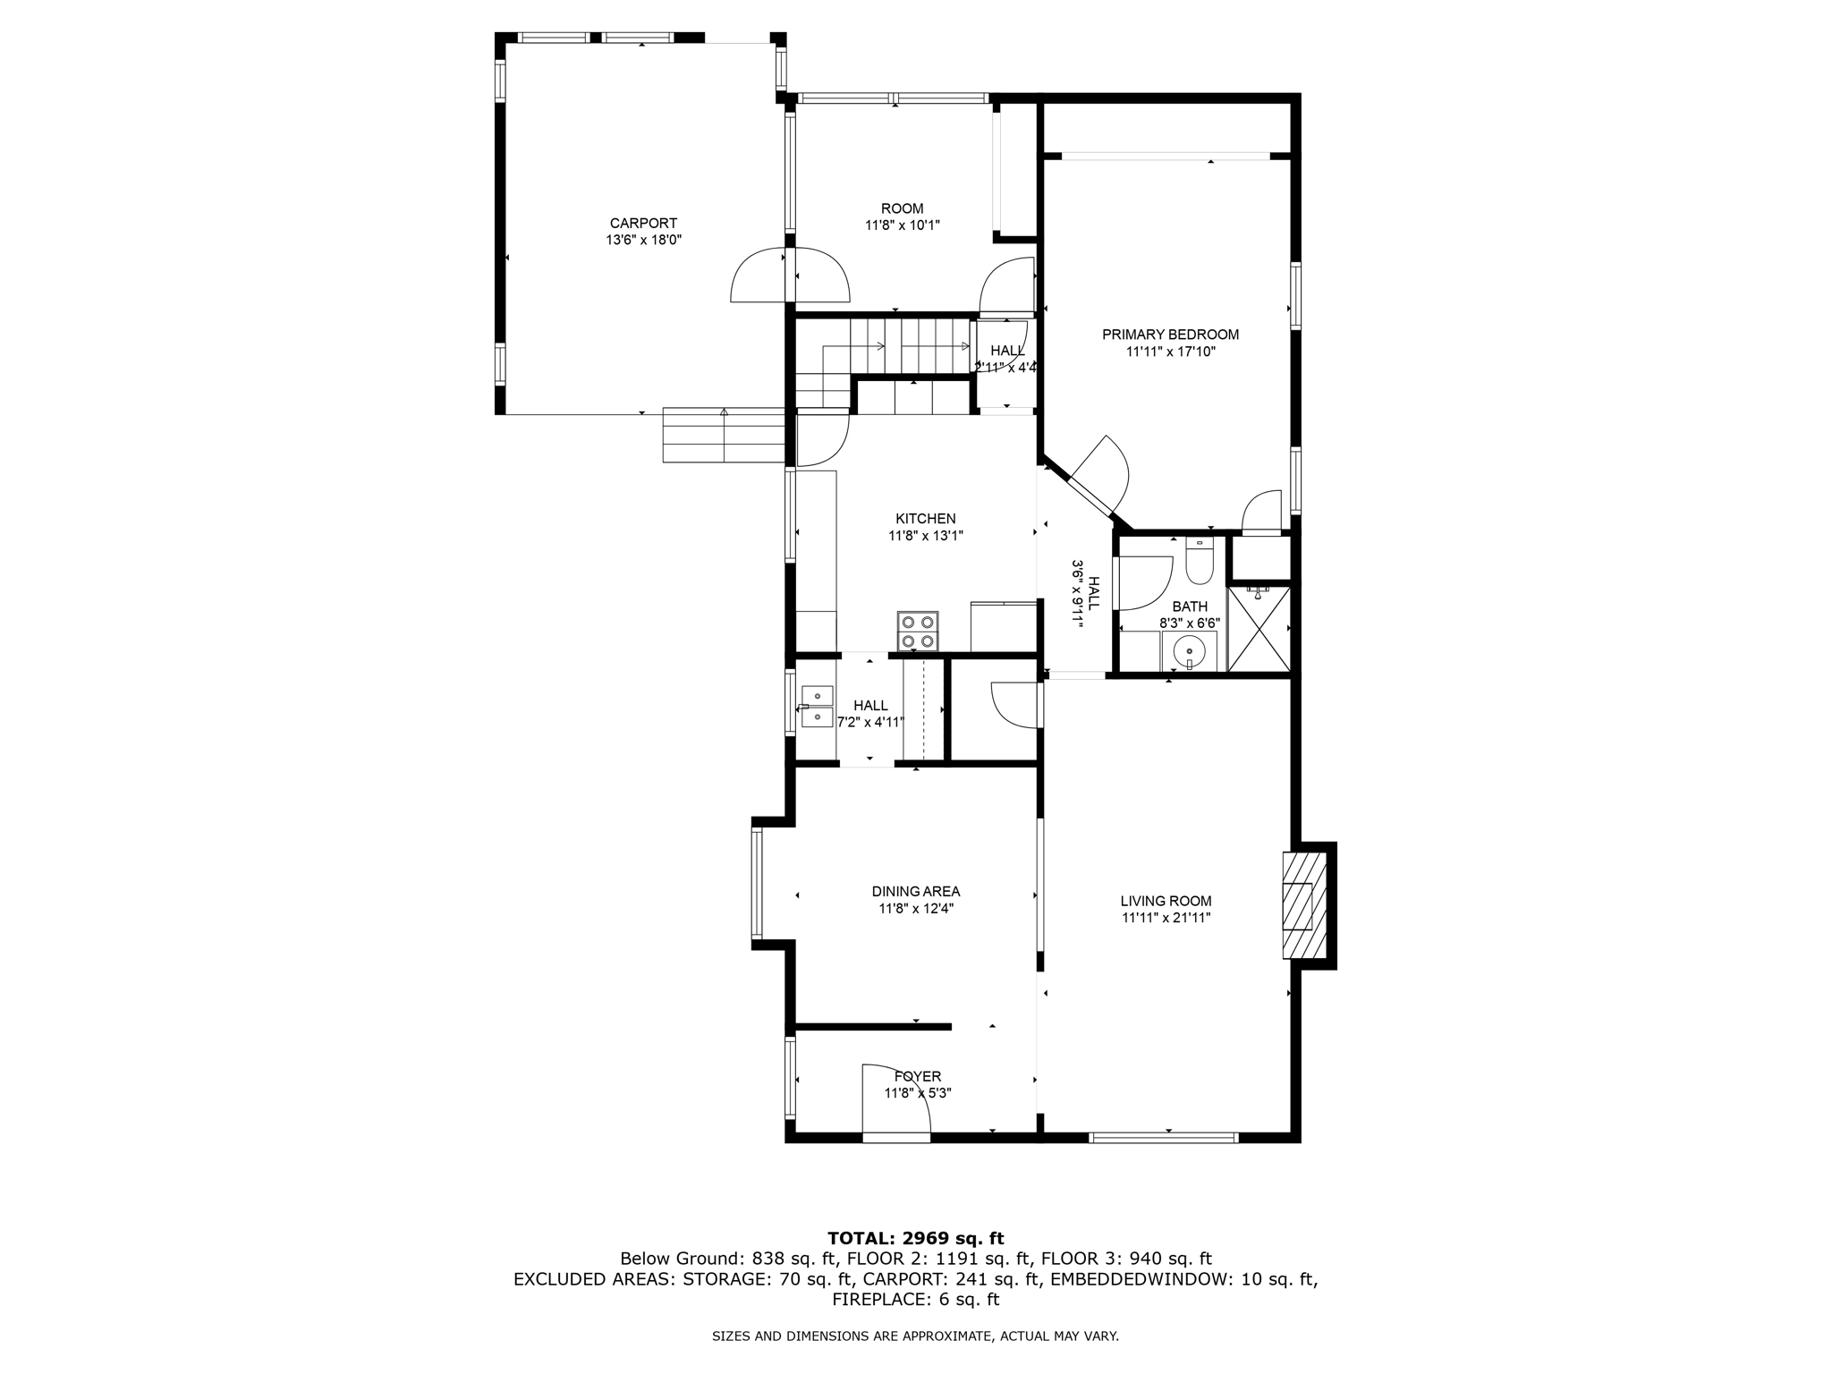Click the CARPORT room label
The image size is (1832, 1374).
[x=643, y=223]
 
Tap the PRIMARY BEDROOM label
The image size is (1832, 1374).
[x=1170, y=335]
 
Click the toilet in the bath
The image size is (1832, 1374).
[x=1198, y=562]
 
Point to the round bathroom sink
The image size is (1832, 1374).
[x=1190, y=649]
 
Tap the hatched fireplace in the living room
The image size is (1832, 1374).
[x=1303, y=905]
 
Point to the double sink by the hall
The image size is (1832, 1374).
[x=817, y=707]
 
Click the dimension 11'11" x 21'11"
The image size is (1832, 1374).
[x=1166, y=918]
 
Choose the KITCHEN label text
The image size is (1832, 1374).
[x=925, y=519]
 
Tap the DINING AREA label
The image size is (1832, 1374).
[x=915, y=891]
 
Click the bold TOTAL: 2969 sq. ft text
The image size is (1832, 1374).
[x=915, y=1238]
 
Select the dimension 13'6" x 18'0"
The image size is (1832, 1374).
[x=643, y=240]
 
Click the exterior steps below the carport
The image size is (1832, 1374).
[x=723, y=436]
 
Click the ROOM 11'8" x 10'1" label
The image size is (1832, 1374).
[x=902, y=216]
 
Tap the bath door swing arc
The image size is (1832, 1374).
[x=1146, y=581]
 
